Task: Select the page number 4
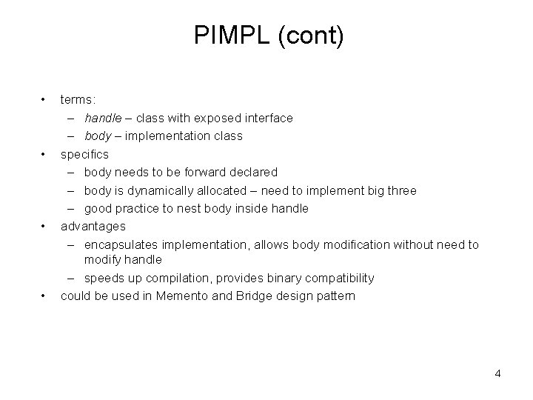click(x=497, y=373)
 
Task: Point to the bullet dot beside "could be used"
click(x=44, y=296)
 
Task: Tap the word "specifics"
click(x=84, y=154)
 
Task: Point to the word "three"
click(x=400, y=190)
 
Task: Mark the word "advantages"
click(x=93, y=226)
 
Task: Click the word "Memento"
click(x=195, y=296)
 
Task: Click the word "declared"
click(x=251, y=172)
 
